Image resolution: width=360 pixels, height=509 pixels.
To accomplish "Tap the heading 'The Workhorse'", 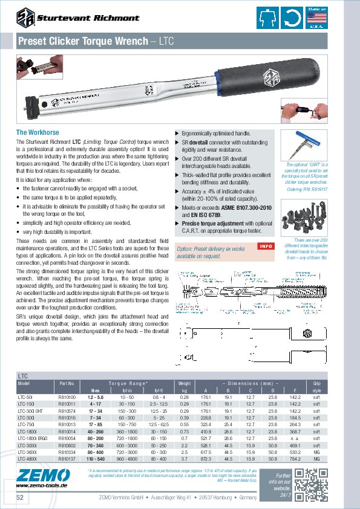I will (x=37, y=132).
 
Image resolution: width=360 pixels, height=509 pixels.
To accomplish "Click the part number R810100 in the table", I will (x=67, y=397).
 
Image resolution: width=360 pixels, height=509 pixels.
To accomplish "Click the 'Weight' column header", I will (x=185, y=383).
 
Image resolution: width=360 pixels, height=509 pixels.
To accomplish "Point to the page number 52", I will (x=21, y=497).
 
